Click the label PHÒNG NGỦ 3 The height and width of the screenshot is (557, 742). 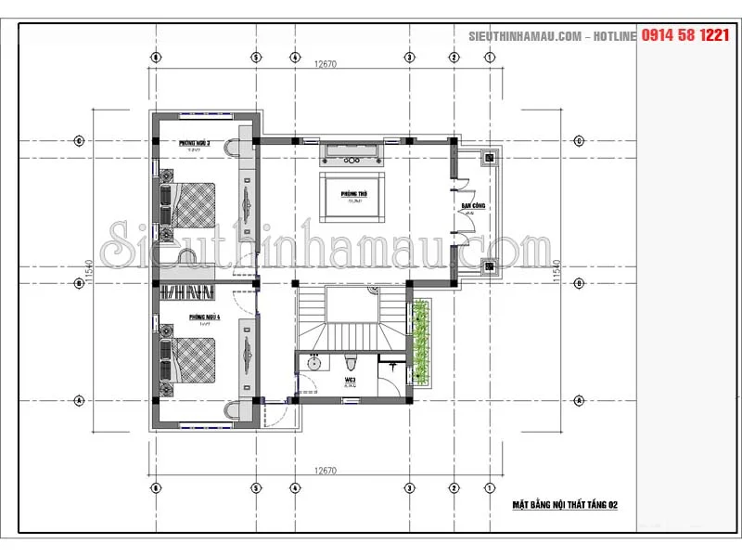195,143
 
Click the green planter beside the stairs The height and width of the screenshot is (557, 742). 423,341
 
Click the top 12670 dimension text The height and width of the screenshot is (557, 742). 325,64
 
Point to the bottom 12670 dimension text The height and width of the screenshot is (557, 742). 325,470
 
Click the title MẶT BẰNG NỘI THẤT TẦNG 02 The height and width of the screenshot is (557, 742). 565,505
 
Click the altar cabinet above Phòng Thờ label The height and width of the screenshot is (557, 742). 353,152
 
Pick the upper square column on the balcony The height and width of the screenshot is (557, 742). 489,157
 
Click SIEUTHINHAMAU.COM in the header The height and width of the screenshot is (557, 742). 524,35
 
